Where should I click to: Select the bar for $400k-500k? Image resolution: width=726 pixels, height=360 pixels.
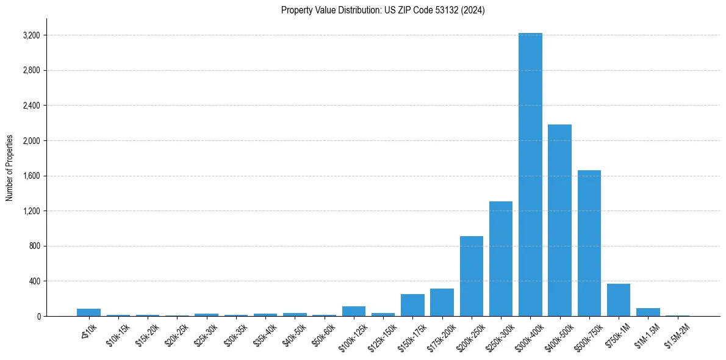[559, 220]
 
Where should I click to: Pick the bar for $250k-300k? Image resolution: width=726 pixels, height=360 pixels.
[501, 259]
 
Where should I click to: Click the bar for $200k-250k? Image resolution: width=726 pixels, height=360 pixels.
[471, 276]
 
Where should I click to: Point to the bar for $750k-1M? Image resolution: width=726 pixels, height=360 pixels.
[619, 300]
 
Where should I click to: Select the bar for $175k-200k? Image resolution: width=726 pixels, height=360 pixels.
[442, 303]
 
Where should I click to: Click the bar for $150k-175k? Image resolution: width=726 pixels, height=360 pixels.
[412, 305]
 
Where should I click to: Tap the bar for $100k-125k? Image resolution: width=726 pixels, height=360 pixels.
[354, 311]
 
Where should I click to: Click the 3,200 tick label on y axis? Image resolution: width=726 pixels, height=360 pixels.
[31, 35]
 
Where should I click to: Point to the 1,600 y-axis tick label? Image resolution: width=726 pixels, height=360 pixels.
[31, 176]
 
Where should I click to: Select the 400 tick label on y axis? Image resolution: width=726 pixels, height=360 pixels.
[34, 281]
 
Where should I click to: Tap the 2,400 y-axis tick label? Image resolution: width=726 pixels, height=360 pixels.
[31, 106]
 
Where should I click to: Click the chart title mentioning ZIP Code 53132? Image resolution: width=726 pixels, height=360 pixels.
[383, 10]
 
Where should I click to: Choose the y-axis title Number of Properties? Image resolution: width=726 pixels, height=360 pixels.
[10, 167]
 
